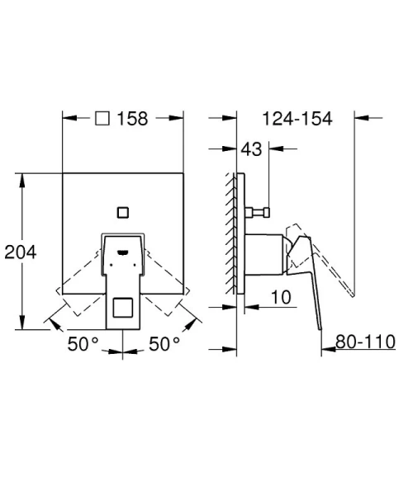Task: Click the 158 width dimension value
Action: (x=131, y=118)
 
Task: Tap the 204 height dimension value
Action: (x=21, y=251)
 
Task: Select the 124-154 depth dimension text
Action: (x=297, y=118)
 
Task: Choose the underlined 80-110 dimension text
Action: (x=367, y=341)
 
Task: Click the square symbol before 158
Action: (x=103, y=118)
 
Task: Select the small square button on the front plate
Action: (x=123, y=211)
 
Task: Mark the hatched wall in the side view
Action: (x=230, y=232)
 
